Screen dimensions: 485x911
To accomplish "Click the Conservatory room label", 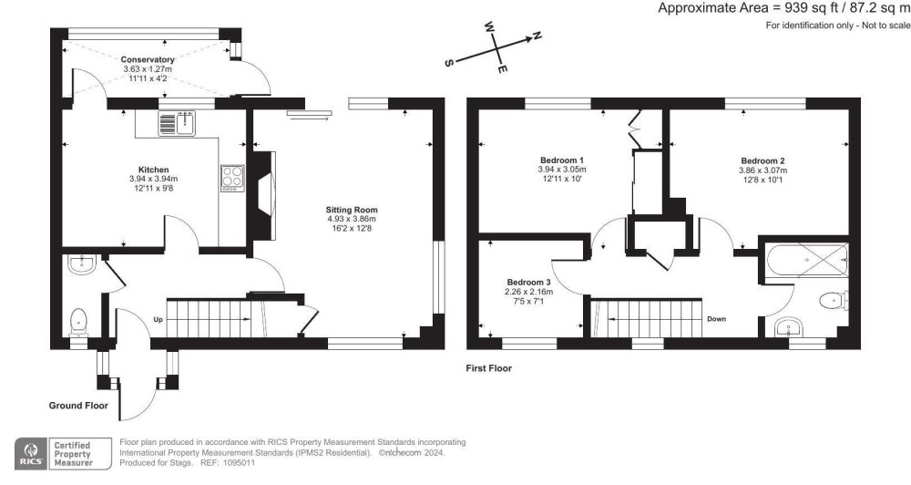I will coord(148,60).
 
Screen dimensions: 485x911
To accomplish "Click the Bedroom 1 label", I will coord(561,160).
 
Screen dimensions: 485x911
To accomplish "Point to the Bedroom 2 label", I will coord(762,160).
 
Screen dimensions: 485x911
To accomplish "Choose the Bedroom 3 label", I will coord(529,282).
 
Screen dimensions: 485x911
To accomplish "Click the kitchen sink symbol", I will coord(179,122).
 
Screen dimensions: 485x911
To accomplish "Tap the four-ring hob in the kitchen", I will coord(232,176).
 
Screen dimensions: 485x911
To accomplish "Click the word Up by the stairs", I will coord(159,320).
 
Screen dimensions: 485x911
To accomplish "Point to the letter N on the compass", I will coord(537,36).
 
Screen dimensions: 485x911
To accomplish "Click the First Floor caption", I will coord(488,368).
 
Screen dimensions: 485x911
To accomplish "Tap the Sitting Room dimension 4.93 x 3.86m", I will coord(351,220).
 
